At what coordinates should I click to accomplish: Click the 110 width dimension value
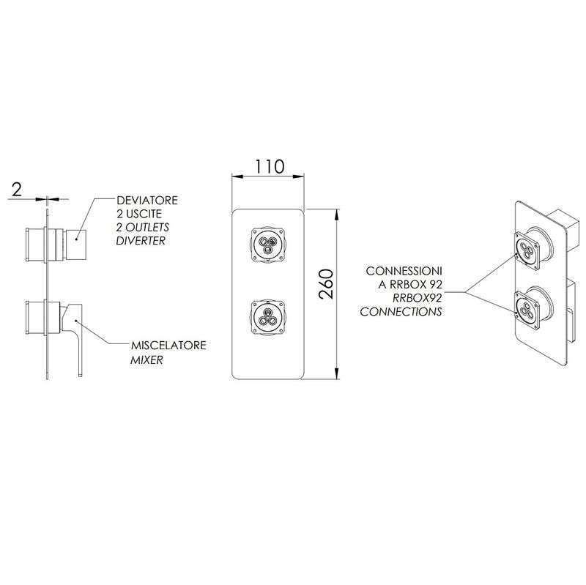point(270,167)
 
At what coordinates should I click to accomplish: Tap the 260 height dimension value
point(326,284)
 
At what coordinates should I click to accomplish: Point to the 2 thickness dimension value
point(17,190)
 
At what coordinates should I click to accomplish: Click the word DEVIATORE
point(147,200)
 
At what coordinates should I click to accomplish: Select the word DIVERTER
point(141,241)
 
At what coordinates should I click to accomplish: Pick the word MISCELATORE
point(168,345)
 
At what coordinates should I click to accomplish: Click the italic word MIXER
point(146,360)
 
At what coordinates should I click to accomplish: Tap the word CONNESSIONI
point(404,271)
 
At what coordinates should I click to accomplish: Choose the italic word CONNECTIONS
point(401,312)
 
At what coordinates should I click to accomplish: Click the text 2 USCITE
point(139,214)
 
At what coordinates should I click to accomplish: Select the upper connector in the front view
point(268,245)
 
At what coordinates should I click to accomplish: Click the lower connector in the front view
point(268,317)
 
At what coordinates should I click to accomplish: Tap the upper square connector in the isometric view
point(527,250)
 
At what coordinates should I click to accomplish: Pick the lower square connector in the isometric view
point(527,310)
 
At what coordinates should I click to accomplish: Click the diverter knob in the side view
point(76,245)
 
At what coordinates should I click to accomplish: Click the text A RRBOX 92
point(410,285)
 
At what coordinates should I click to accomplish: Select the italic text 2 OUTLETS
point(143,228)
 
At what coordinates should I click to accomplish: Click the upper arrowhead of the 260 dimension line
point(337,215)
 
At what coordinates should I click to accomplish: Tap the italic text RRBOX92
point(417,298)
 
